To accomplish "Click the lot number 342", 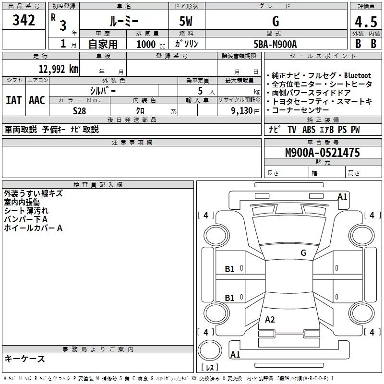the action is coord(24,21).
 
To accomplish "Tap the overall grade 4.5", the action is coord(365,22).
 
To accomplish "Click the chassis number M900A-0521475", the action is coord(322,153).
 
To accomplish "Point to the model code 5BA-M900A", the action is coord(275,44).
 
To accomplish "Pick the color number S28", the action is coord(79,110).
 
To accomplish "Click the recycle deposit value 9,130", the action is coord(239,110).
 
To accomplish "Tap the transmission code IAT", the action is coord(13,100).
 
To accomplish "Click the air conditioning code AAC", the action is coord(37,100).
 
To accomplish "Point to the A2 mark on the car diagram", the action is coord(270,320).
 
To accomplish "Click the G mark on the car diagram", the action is coord(303,253).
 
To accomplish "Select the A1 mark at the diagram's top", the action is coord(342,196).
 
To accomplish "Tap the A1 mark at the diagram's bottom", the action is coord(235,355).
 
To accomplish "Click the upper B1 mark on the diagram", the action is coord(230,269).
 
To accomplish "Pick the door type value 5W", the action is coord(187,22).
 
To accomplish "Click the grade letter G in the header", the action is coord(275,22).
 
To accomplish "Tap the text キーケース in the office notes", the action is coord(24,359).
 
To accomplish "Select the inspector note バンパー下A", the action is coord(26,219).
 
